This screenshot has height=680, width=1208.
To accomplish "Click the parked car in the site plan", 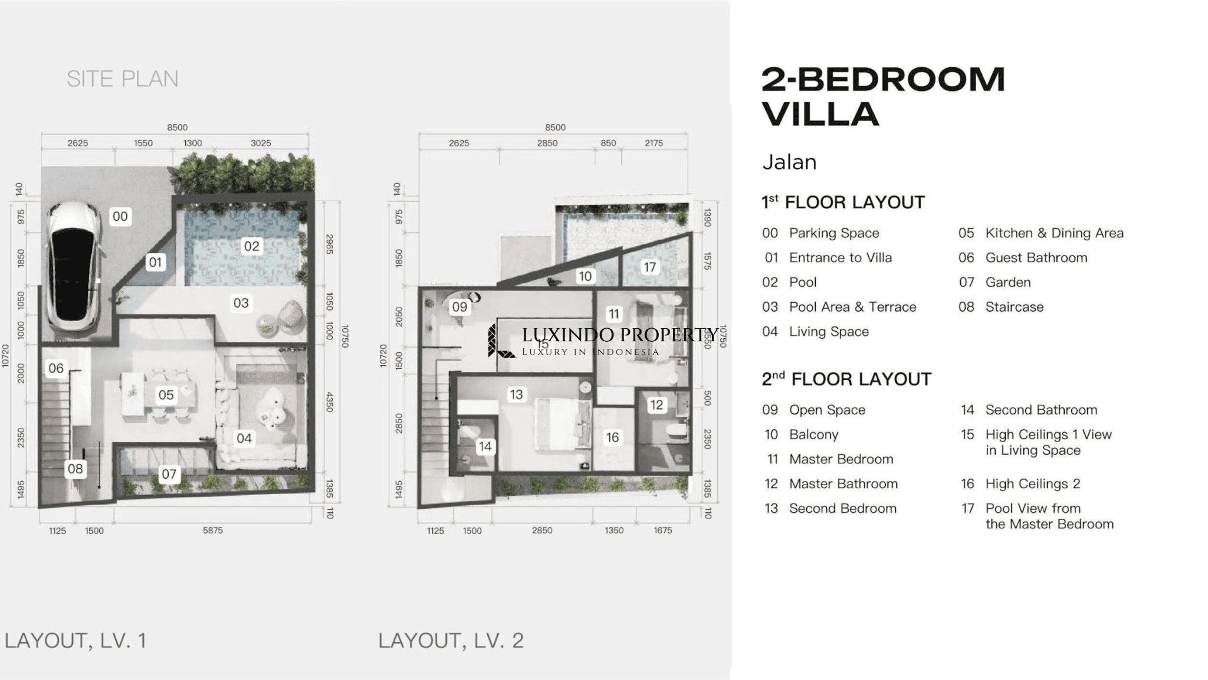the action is pos(74,267).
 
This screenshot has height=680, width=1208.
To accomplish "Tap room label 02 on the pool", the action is pos(252,246).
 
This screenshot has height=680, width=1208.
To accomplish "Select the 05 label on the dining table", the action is pos(166,395).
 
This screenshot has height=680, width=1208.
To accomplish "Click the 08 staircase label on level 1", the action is pos(75,469).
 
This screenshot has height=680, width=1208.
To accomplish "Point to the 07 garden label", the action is pos(169,474).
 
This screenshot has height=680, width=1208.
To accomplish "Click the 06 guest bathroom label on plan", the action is pos(56,368).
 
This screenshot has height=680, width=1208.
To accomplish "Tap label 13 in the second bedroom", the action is pos(517,394).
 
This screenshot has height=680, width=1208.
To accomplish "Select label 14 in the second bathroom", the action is pos(485,446).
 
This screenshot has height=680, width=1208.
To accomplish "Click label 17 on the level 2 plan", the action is pos(649,267).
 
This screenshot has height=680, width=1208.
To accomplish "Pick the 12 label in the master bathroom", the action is pos(656,405).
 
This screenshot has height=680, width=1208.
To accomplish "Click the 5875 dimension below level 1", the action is pos(213,531).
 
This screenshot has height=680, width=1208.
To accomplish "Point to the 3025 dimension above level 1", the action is pos(261,143).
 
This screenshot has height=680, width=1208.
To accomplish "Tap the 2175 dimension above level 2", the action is pos(654,143).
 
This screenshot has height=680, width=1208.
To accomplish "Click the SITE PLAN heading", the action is pos(123,79).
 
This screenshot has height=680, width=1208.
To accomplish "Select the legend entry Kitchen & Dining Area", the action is pos(1055,233).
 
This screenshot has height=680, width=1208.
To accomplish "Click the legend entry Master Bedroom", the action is pos(841,459).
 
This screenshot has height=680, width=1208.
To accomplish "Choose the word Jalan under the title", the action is pos(789,162).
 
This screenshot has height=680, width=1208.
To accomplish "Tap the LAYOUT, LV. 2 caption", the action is pos(451,640).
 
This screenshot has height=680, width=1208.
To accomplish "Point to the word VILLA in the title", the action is pos(820,114).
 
